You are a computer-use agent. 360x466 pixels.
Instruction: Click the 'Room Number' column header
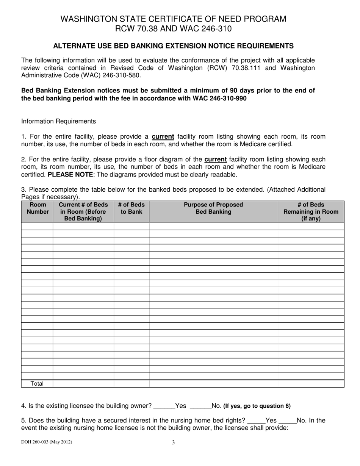coord(37,208)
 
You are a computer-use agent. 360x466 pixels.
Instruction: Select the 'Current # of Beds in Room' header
coord(83,211)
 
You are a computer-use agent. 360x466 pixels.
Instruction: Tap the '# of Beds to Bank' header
coord(131,208)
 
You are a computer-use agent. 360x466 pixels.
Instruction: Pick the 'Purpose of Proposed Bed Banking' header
coord(213,208)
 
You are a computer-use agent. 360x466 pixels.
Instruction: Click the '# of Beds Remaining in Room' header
coord(311,211)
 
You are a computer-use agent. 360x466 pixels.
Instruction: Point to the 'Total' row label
coord(37,384)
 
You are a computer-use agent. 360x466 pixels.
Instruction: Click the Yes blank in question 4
coord(164,406)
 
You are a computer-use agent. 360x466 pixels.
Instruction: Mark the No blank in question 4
coord(200,406)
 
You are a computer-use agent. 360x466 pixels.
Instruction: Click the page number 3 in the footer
coord(174,442)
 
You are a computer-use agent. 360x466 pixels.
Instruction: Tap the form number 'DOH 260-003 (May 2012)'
coord(47,442)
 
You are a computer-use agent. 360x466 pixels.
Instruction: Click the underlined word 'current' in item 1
coord(163,137)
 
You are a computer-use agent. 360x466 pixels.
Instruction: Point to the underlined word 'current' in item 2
coord(215,160)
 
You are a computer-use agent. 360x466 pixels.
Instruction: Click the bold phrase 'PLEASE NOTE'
coord(68,175)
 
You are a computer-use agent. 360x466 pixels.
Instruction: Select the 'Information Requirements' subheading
coord(58,121)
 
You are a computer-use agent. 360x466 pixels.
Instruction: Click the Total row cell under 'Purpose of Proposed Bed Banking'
coord(213,384)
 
